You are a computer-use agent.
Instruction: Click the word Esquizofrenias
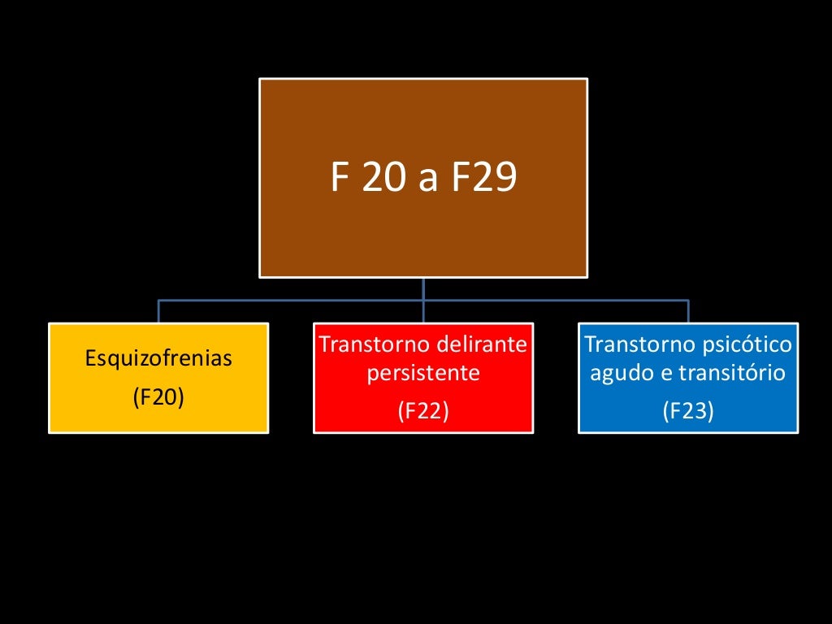tap(158, 359)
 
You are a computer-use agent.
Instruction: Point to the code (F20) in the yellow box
tap(158, 397)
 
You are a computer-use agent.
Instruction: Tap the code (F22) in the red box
tap(423, 411)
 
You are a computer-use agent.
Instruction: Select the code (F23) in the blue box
tap(688, 411)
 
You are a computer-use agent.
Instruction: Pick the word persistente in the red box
tap(423, 374)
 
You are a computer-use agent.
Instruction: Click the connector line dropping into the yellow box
tap(158, 312)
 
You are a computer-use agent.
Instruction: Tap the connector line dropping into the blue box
tap(688, 312)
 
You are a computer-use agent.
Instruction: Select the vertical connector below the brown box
tap(423, 289)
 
